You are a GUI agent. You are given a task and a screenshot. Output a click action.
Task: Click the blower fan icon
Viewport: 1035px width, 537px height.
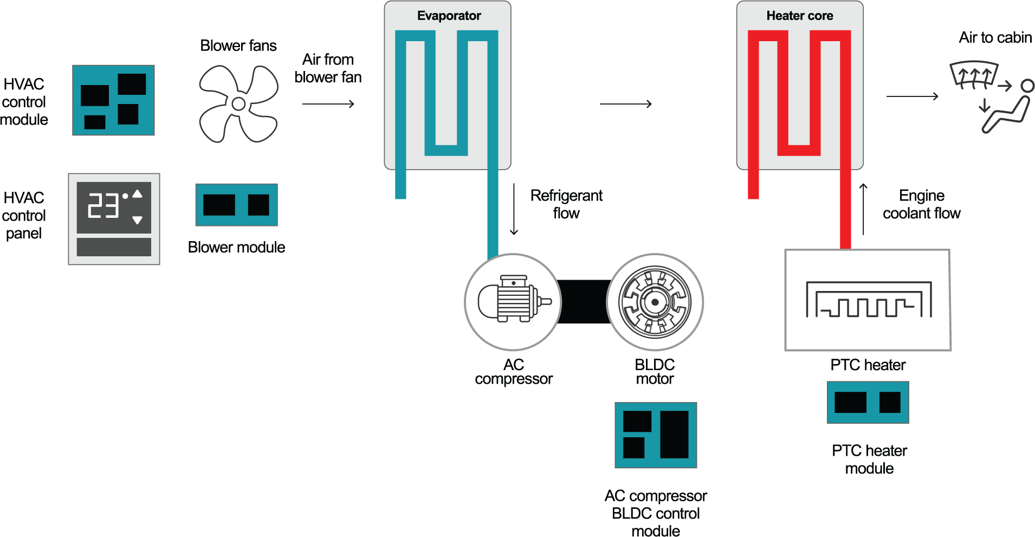point(238,104)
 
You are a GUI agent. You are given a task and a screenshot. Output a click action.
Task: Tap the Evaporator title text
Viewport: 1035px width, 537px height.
point(449,16)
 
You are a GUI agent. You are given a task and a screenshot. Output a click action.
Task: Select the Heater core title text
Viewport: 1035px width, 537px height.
point(799,16)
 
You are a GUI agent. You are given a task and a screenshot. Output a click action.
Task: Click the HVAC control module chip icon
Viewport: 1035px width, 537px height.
point(113,100)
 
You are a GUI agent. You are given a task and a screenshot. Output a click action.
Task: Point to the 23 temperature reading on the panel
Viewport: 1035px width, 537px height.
point(103,205)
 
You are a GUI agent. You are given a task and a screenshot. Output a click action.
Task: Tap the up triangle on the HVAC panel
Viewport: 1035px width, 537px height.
point(138,194)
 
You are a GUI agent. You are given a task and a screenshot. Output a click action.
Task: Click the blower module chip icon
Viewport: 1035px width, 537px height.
point(236,205)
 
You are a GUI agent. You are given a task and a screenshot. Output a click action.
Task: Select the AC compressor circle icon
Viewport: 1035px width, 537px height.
point(513,302)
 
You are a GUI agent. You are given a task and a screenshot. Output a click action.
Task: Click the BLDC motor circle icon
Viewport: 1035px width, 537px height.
point(655,302)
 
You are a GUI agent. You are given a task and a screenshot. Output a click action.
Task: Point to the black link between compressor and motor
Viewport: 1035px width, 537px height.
point(584,302)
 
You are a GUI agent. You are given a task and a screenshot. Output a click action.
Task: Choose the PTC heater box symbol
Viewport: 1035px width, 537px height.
point(868,300)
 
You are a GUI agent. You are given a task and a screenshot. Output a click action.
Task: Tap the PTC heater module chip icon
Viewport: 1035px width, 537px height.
point(868,403)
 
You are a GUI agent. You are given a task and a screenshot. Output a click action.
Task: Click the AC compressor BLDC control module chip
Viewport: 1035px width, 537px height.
point(656,435)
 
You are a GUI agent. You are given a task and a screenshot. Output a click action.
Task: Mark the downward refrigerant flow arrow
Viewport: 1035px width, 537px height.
point(514,209)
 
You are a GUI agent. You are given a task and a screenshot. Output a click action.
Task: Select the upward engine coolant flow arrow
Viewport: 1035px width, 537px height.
point(863,209)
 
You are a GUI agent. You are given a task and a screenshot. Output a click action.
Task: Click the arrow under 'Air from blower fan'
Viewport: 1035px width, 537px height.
point(328,104)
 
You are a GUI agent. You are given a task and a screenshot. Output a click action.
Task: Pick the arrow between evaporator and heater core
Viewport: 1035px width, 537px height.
point(625,104)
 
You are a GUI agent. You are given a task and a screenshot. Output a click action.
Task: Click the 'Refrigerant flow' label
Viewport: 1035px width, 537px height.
point(566,204)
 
